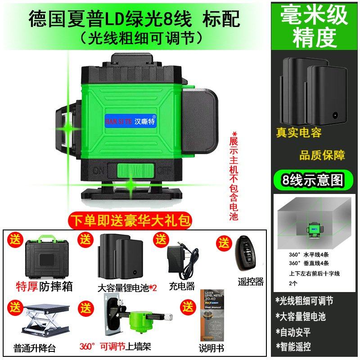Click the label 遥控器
click(251, 282)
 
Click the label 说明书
click(211, 348)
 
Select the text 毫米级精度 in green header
click(315, 26)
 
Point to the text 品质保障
click(322, 156)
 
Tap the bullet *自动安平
click(293, 332)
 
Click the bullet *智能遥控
click(293, 347)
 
